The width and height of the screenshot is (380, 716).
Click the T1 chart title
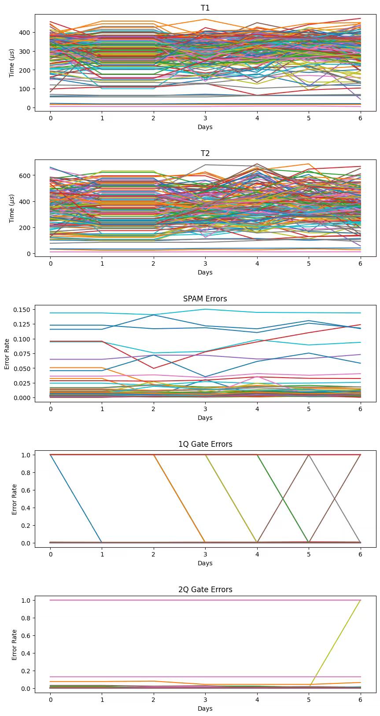click(205, 8)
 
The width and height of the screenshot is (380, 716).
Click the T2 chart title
click(205, 153)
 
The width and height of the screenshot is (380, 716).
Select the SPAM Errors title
click(205, 299)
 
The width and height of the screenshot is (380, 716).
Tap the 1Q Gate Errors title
click(205, 444)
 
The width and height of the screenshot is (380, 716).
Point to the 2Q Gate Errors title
click(205, 590)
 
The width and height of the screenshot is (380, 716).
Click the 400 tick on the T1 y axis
click(25, 33)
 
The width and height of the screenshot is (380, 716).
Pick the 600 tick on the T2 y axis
click(25, 175)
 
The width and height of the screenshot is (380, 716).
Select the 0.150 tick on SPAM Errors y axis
click(22, 310)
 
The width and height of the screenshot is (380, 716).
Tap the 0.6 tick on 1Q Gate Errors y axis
click(26, 490)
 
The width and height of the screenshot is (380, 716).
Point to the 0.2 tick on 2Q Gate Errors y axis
click(26, 671)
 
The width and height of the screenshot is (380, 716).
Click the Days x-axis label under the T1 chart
click(205, 127)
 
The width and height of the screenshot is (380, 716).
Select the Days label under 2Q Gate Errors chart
click(205, 709)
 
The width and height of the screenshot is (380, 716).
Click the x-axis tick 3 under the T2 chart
click(205, 264)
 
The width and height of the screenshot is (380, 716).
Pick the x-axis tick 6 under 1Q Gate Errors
click(360, 555)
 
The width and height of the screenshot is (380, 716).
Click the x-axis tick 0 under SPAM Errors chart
click(51, 409)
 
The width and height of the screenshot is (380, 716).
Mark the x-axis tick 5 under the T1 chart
click(309, 119)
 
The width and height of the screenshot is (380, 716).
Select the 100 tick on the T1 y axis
click(25, 89)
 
